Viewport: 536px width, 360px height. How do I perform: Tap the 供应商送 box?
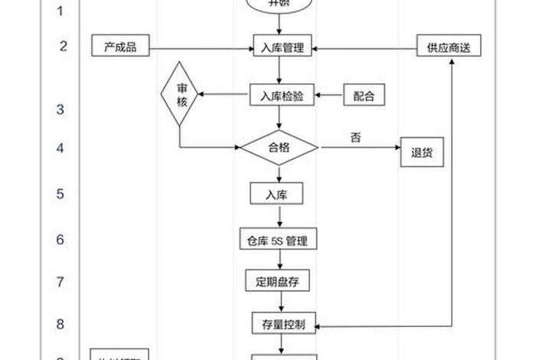[x=448, y=47]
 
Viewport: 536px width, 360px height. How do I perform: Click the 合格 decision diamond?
[x=279, y=148]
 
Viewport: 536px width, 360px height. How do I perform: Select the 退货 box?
[x=423, y=152]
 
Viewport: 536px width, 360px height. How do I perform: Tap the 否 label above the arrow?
[x=355, y=138]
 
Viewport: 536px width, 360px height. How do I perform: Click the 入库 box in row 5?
[x=277, y=193]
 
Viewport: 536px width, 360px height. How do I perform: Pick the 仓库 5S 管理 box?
[x=278, y=240]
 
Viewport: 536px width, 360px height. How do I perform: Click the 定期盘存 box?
[x=277, y=281]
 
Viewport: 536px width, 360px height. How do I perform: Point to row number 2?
[x=63, y=46]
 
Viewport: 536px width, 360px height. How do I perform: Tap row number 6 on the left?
[x=60, y=239]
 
